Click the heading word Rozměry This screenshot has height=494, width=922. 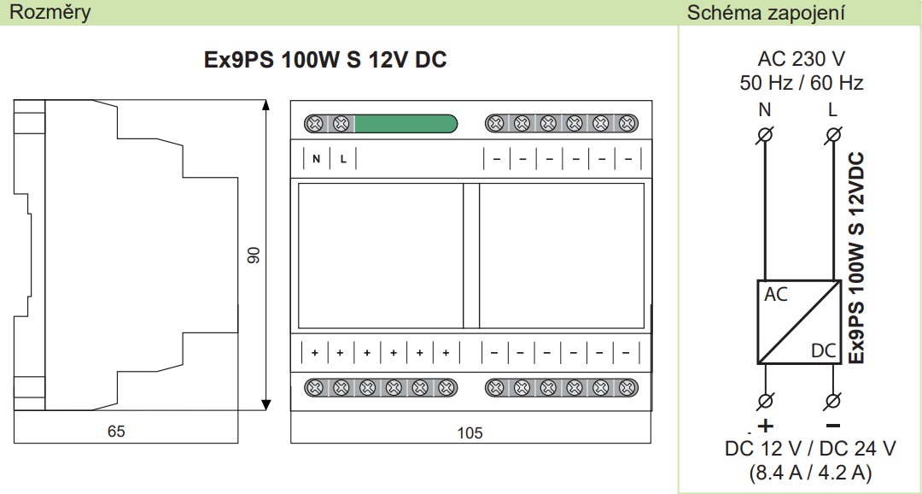click(50, 12)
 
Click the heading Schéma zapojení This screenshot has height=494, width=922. click(766, 12)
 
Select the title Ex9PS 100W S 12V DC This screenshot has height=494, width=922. click(325, 60)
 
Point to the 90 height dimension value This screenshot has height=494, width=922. click(254, 255)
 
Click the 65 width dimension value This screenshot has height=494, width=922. click(116, 432)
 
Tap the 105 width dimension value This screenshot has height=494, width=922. click(470, 433)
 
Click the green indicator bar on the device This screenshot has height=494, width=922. click(406, 124)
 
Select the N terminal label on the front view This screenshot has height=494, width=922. click(317, 159)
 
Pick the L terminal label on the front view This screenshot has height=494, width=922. click(343, 159)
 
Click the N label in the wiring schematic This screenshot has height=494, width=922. click(764, 110)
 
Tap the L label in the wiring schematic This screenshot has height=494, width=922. click(832, 110)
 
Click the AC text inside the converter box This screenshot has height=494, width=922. click(776, 294)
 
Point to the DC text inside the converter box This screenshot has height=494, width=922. click(823, 351)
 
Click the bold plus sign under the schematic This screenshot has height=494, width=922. click(765, 425)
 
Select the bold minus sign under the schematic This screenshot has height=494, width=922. click(832, 425)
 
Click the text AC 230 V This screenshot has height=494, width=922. click(801, 59)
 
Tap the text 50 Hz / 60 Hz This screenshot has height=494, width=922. click(801, 83)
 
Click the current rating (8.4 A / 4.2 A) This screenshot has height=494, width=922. click(809, 472)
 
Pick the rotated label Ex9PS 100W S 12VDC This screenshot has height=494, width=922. click(857, 258)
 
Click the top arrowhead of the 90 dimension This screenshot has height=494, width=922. click(266, 105)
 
